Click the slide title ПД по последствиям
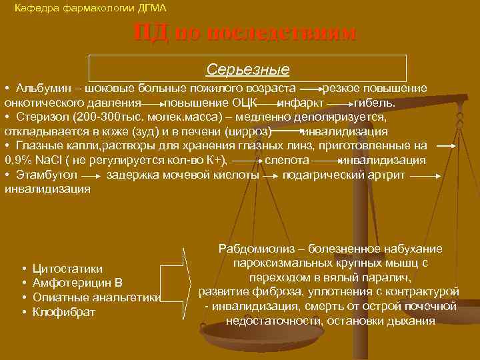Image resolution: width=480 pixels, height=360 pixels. click(245, 33)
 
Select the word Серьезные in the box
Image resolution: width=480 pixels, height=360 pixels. click(247, 69)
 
